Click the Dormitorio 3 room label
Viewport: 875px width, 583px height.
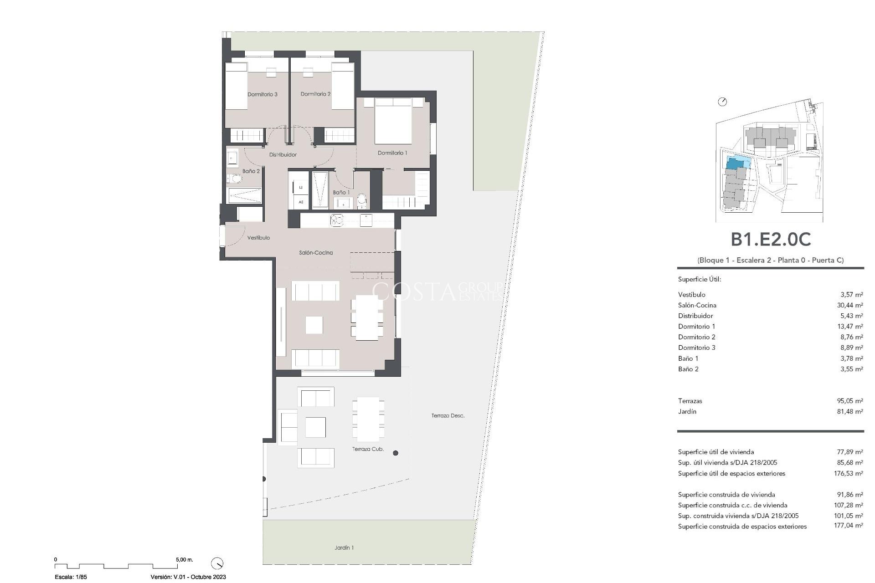pos(262,94)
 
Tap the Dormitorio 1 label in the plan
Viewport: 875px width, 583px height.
pos(392,153)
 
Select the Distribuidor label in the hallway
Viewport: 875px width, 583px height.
pos(283,155)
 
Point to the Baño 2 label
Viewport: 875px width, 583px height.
pos(251,171)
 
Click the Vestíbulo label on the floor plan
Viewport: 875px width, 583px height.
pos(258,238)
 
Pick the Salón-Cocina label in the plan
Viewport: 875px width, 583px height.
pos(316,253)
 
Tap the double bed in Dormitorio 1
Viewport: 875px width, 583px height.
pos(393,121)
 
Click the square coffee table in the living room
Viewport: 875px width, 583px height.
pos(314,325)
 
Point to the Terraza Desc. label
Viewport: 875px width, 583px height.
pos(448,416)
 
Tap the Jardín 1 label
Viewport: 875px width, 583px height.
pos(344,548)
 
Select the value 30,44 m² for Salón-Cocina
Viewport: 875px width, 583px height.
pos(849,306)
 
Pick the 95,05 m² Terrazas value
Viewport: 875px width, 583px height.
pos(849,401)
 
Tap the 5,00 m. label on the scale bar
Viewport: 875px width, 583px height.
pos(184,560)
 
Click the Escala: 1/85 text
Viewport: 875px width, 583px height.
pos(71,577)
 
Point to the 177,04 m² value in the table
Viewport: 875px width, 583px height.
pos(848,527)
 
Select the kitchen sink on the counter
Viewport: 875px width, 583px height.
pos(336,220)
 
